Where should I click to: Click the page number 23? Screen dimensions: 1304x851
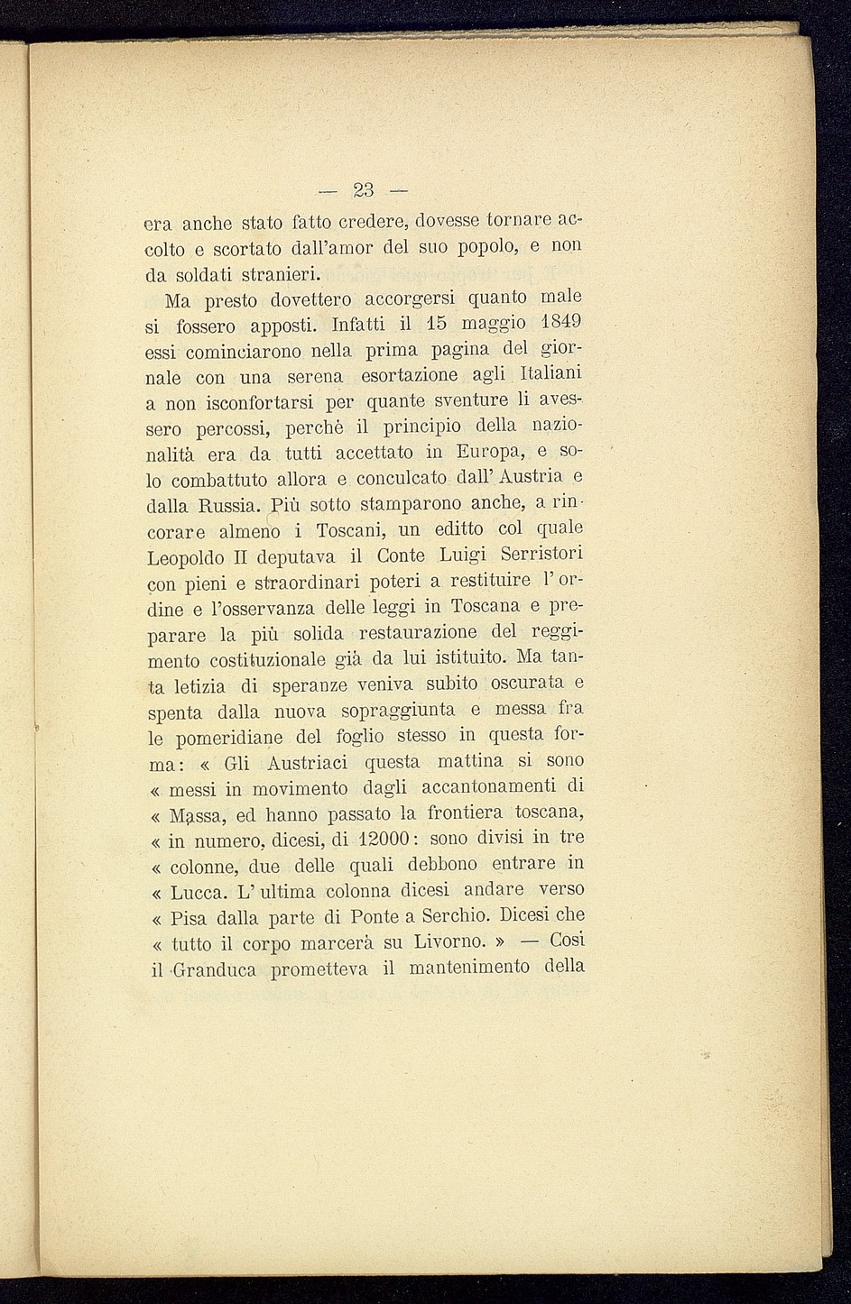coord(364,190)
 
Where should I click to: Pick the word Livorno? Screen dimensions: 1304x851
coord(450,943)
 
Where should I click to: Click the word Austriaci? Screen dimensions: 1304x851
coord(306,762)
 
